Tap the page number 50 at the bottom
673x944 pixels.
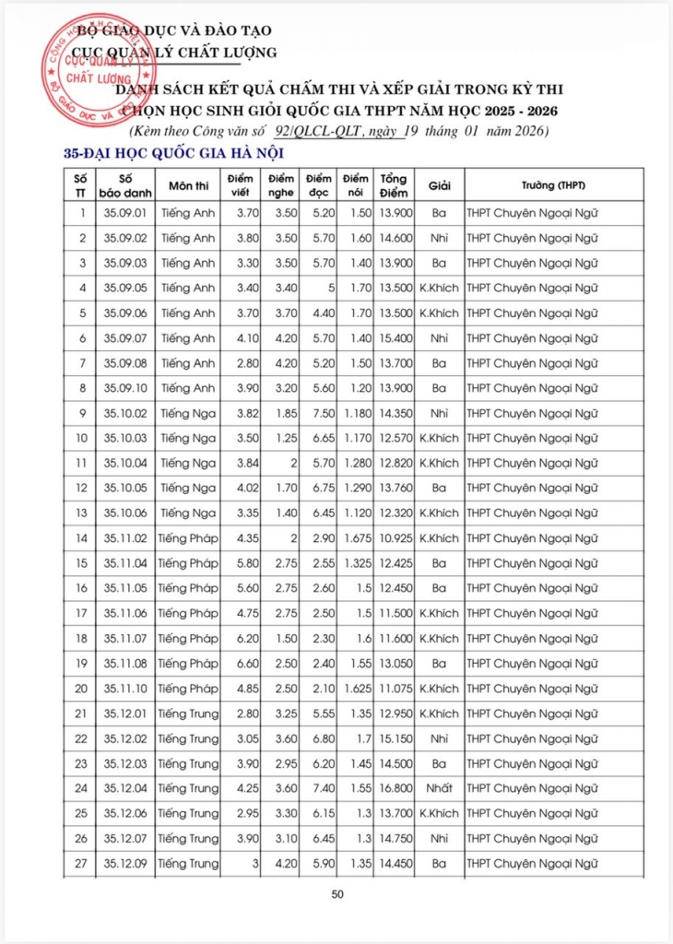[x=336, y=893]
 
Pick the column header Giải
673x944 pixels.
[x=439, y=185]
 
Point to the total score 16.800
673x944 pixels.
[x=395, y=788]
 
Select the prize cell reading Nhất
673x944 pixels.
[x=439, y=788]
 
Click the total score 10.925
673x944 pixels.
[x=395, y=538]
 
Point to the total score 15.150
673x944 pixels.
[x=395, y=738]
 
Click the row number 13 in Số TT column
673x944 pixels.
[x=82, y=513]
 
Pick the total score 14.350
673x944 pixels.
[x=395, y=413]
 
